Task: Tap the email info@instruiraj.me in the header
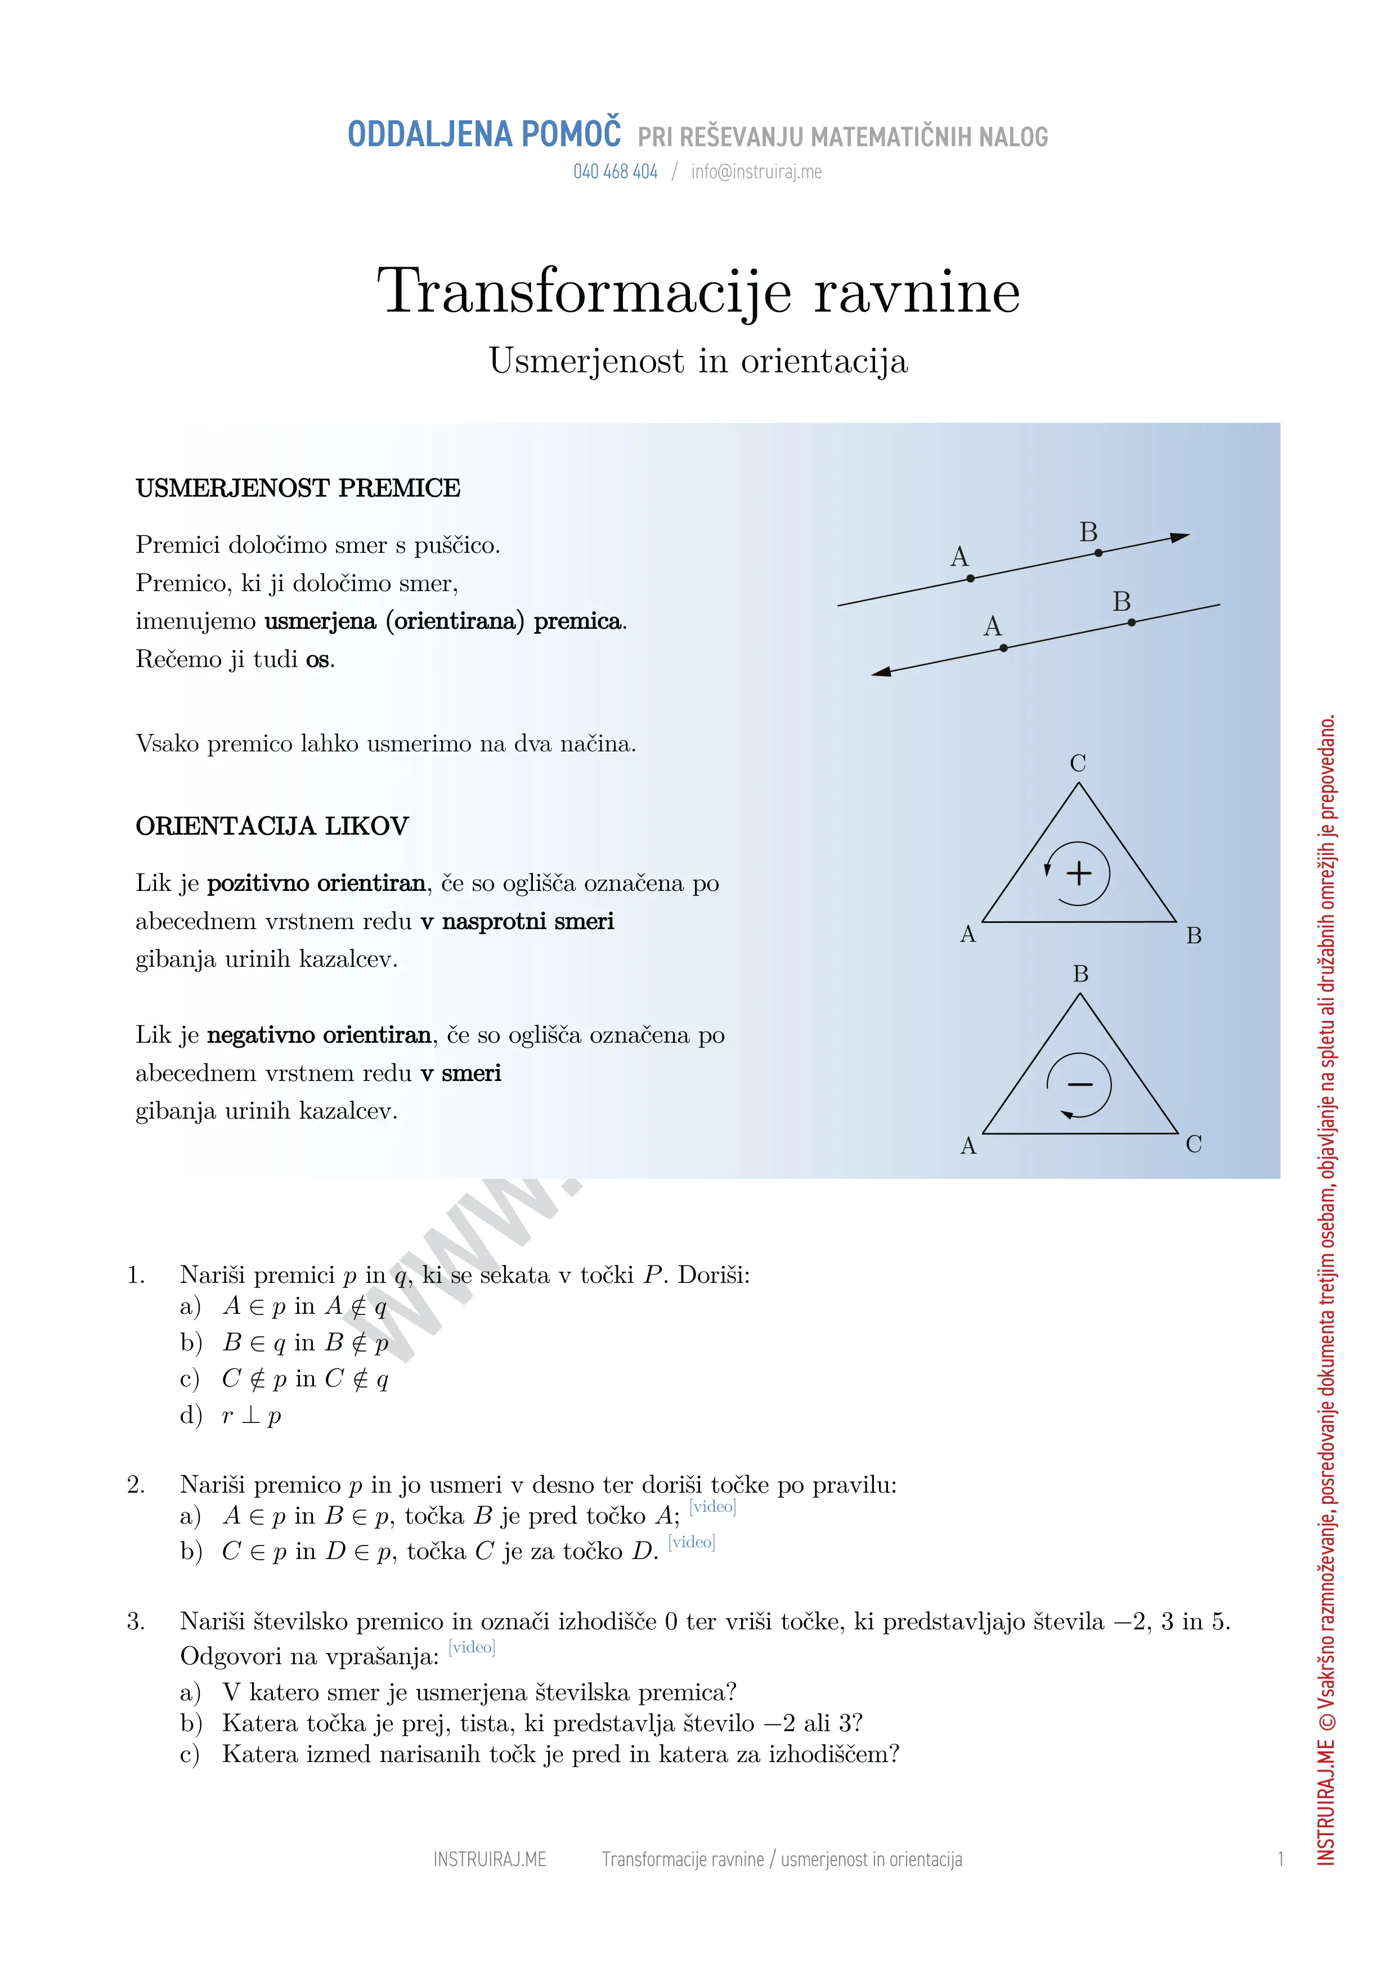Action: (x=756, y=172)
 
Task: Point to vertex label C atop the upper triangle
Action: (x=1078, y=763)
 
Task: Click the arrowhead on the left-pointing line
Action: (x=882, y=672)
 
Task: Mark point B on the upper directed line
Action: (x=1098, y=552)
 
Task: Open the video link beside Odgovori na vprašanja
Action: (x=472, y=1647)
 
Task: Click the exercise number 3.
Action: (x=135, y=1621)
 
